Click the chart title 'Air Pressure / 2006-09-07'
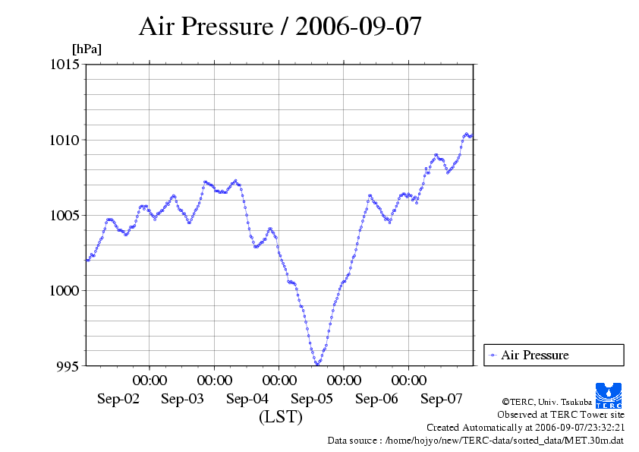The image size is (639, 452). point(280,27)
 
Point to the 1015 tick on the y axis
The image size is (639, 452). point(65,65)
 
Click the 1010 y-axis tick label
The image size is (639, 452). point(65,140)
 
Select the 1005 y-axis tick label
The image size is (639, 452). point(65,215)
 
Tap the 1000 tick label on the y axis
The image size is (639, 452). point(65,290)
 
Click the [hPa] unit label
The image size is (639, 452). point(87,49)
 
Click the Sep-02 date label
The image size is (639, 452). point(118,399)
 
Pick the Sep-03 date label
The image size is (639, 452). point(182,399)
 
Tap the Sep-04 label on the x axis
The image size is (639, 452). point(247,399)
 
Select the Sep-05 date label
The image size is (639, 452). point(312,399)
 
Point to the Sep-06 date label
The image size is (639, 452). point(376,399)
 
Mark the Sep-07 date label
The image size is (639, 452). point(442,399)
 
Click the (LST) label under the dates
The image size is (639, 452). point(280,417)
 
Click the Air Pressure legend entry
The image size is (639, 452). point(534,355)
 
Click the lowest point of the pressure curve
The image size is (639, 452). point(316,365)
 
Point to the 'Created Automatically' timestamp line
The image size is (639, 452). point(525,428)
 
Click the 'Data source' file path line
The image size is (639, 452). point(475,440)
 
